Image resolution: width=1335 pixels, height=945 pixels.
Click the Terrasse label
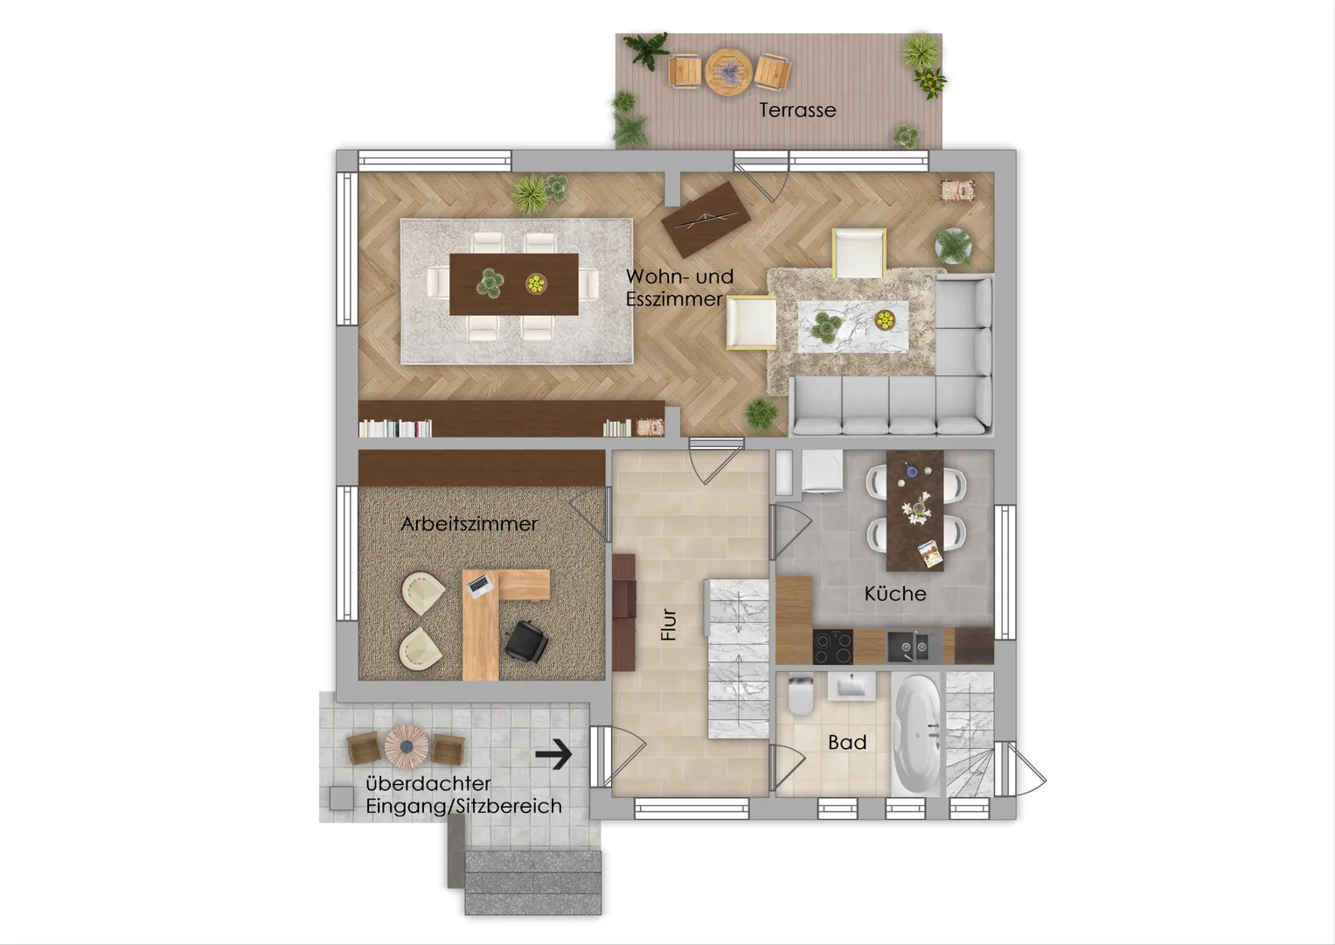pos(797,110)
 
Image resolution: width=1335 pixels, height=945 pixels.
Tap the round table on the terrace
pos(728,72)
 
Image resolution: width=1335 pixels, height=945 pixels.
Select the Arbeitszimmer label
pos(469,524)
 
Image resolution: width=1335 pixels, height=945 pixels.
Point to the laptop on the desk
pos(480,585)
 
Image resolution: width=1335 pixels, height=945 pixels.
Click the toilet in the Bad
pos(801,695)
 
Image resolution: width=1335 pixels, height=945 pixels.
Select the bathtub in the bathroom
pos(916,734)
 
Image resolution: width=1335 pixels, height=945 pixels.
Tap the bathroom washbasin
pos(851,686)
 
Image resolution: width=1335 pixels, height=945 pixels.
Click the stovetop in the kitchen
pos(832,647)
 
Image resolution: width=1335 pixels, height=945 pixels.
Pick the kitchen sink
pos(907,647)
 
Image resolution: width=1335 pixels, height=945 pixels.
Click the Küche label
pos(895,593)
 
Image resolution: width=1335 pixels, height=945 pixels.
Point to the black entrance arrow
pos(553,754)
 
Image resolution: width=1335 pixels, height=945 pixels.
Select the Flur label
pos(669,625)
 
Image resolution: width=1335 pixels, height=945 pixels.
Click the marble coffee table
pos(853,327)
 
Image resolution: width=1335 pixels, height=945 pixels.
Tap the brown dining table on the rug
pos(514,284)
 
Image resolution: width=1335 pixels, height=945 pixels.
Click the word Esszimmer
pos(674,299)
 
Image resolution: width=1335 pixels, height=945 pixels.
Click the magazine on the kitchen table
pos(930,554)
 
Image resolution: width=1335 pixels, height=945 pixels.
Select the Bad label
pos(847,742)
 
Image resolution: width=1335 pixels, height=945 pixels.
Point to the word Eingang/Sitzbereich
pos(463,807)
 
